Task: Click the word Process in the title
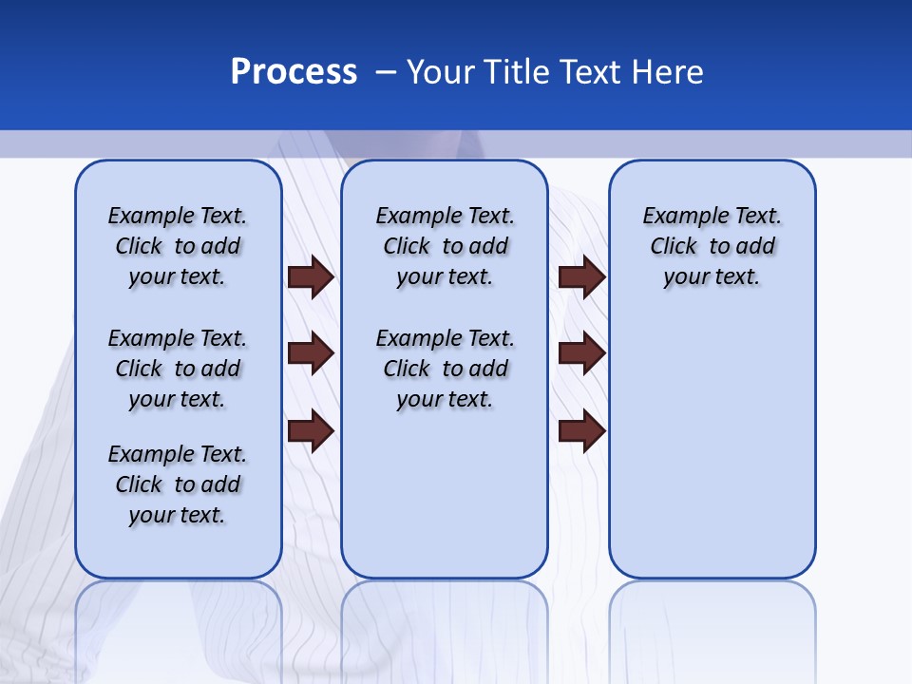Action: click(294, 72)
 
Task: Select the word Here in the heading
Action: click(669, 72)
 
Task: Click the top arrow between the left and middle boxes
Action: click(311, 277)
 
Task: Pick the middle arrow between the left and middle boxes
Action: click(311, 354)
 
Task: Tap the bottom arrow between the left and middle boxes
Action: click(311, 431)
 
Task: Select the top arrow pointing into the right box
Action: click(581, 277)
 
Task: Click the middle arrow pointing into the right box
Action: click(581, 354)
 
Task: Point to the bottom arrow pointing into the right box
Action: click(581, 431)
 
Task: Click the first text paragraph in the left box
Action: click(178, 246)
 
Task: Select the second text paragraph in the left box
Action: click(178, 369)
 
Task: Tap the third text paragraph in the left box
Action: click(178, 484)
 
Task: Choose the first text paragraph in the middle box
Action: click(445, 246)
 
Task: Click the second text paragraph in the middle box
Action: click(445, 369)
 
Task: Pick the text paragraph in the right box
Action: click(712, 246)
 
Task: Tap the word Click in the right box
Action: click(674, 247)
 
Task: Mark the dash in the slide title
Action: click(386, 72)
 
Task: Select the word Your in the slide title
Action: click(441, 72)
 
